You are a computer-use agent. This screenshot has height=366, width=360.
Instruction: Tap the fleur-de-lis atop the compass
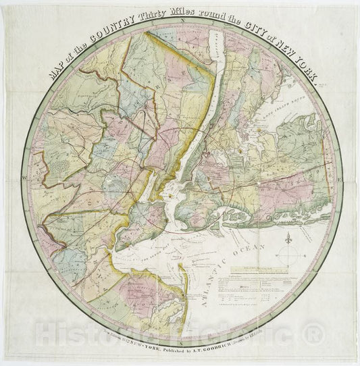click(x=289, y=238)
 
